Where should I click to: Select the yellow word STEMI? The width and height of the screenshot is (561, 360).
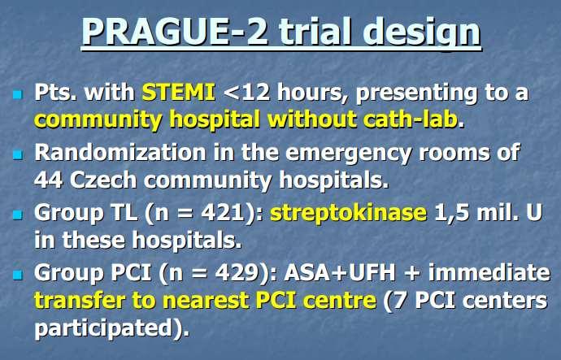click(x=179, y=92)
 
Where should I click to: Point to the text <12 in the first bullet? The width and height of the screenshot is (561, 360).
click(x=246, y=92)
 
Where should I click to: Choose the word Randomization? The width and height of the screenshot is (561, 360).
click(x=120, y=152)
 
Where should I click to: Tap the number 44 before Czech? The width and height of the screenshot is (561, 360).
click(x=49, y=180)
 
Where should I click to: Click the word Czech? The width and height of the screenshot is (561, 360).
click(x=103, y=180)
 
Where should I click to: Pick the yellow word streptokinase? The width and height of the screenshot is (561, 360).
click(x=349, y=214)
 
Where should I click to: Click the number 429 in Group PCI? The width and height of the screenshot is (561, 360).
click(x=237, y=273)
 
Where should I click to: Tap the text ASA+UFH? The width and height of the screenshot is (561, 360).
click(x=340, y=273)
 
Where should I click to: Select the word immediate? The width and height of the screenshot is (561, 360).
click(x=489, y=272)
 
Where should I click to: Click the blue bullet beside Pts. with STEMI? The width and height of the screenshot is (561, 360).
click(x=17, y=94)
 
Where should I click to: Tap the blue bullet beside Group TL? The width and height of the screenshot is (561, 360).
click(x=17, y=215)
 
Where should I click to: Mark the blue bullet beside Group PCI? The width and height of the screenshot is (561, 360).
click(x=17, y=275)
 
